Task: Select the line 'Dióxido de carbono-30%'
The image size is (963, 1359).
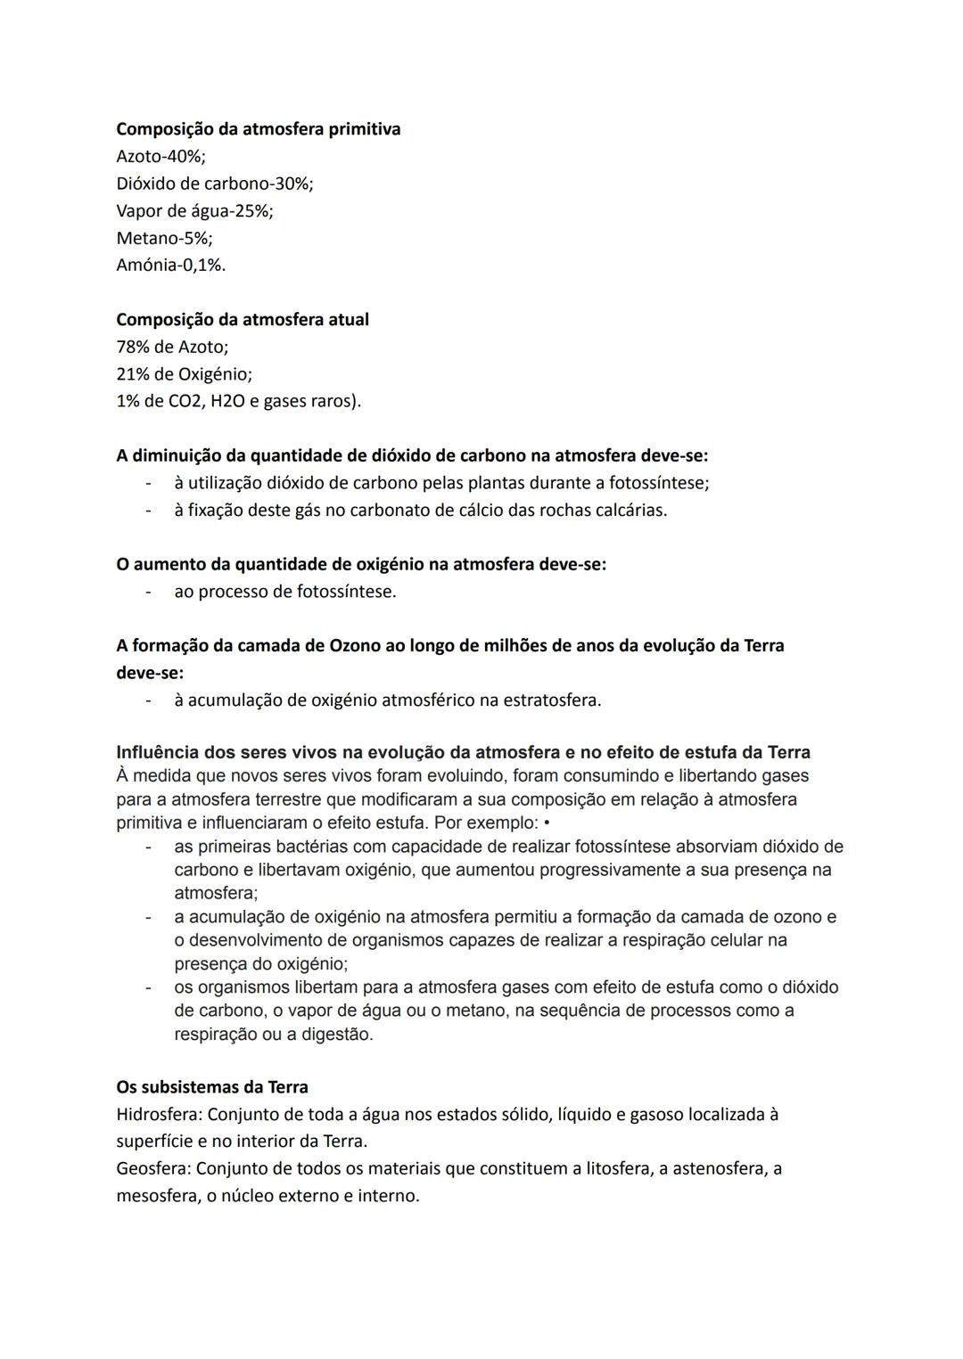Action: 214,184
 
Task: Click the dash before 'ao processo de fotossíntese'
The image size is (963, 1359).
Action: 148,592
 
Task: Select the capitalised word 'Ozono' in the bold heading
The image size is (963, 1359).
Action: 355,645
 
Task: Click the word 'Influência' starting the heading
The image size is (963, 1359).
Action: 158,752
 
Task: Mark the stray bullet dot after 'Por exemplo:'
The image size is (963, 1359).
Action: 546,823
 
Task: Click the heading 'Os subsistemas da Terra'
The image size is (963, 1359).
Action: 212,1087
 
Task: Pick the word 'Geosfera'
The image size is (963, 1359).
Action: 152,1168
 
